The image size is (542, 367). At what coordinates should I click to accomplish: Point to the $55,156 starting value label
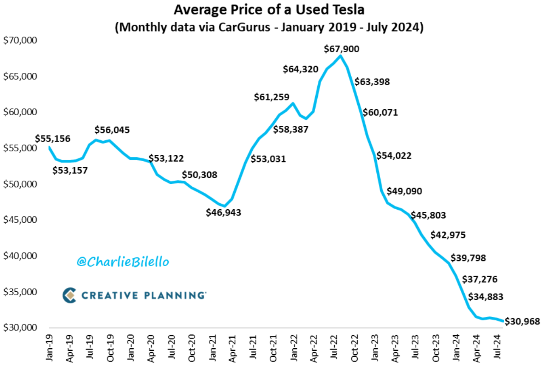click(53, 138)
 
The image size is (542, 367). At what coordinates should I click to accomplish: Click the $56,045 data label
click(112, 130)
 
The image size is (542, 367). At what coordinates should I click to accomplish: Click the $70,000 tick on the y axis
click(20, 40)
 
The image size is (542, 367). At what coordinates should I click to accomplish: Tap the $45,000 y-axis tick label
click(20, 220)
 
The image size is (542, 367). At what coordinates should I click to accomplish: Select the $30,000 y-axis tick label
click(20, 328)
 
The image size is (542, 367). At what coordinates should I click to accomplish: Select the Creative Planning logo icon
click(69, 295)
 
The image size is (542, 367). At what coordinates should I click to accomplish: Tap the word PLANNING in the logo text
click(174, 295)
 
